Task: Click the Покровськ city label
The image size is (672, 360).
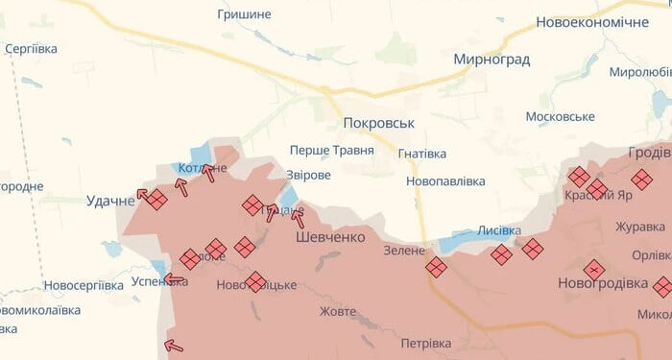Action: tap(378, 124)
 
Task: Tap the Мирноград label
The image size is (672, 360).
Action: tap(492, 60)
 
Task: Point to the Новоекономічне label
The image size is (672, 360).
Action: tap(592, 22)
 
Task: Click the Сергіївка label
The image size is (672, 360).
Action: tap(31, 49)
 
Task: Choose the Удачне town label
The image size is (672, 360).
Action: tap(110, 201)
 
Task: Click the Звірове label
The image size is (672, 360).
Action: tap(309, 176)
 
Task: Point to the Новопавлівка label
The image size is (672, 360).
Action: tap(445, 180)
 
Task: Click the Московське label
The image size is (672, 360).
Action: tap(561, 116)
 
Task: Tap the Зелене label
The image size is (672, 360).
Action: tap(403, 251)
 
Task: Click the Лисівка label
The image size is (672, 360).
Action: tap(499, 231)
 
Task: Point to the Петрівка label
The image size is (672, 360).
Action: tap(425, 343)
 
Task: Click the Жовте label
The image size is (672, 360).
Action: tap(338, 311)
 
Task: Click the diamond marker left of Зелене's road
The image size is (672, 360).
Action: tap(437, 267)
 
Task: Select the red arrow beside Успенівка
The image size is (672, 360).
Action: tap(174, 280)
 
